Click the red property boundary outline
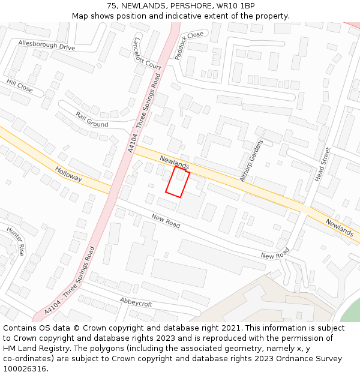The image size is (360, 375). tap(178, 182)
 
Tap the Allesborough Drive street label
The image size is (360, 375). tap(46, 46)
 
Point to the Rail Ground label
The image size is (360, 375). tap(92, 119)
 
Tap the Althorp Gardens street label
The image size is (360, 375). tap(252, 160)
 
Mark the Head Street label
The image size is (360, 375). tap(323, 164)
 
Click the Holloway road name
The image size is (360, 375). tap(67, 175)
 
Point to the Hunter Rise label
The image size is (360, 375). tap(16, 241)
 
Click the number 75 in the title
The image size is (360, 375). tap(112, 6)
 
